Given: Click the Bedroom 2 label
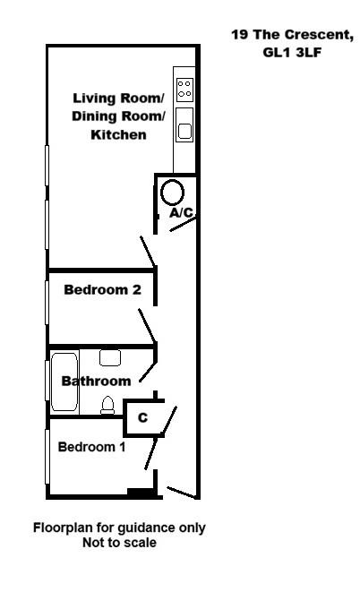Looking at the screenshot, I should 102,290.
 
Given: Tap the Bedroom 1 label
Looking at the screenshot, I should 91,447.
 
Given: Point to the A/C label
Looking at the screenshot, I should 182,212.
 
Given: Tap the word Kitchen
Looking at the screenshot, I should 119,135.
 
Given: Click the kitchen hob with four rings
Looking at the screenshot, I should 184,88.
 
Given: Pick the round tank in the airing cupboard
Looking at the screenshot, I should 172,190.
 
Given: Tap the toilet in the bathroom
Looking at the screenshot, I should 108,406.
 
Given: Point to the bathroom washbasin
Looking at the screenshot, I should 110,357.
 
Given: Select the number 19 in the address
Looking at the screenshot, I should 239,36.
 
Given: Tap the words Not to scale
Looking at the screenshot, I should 119,543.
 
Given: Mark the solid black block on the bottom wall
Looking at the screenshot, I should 140,492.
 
